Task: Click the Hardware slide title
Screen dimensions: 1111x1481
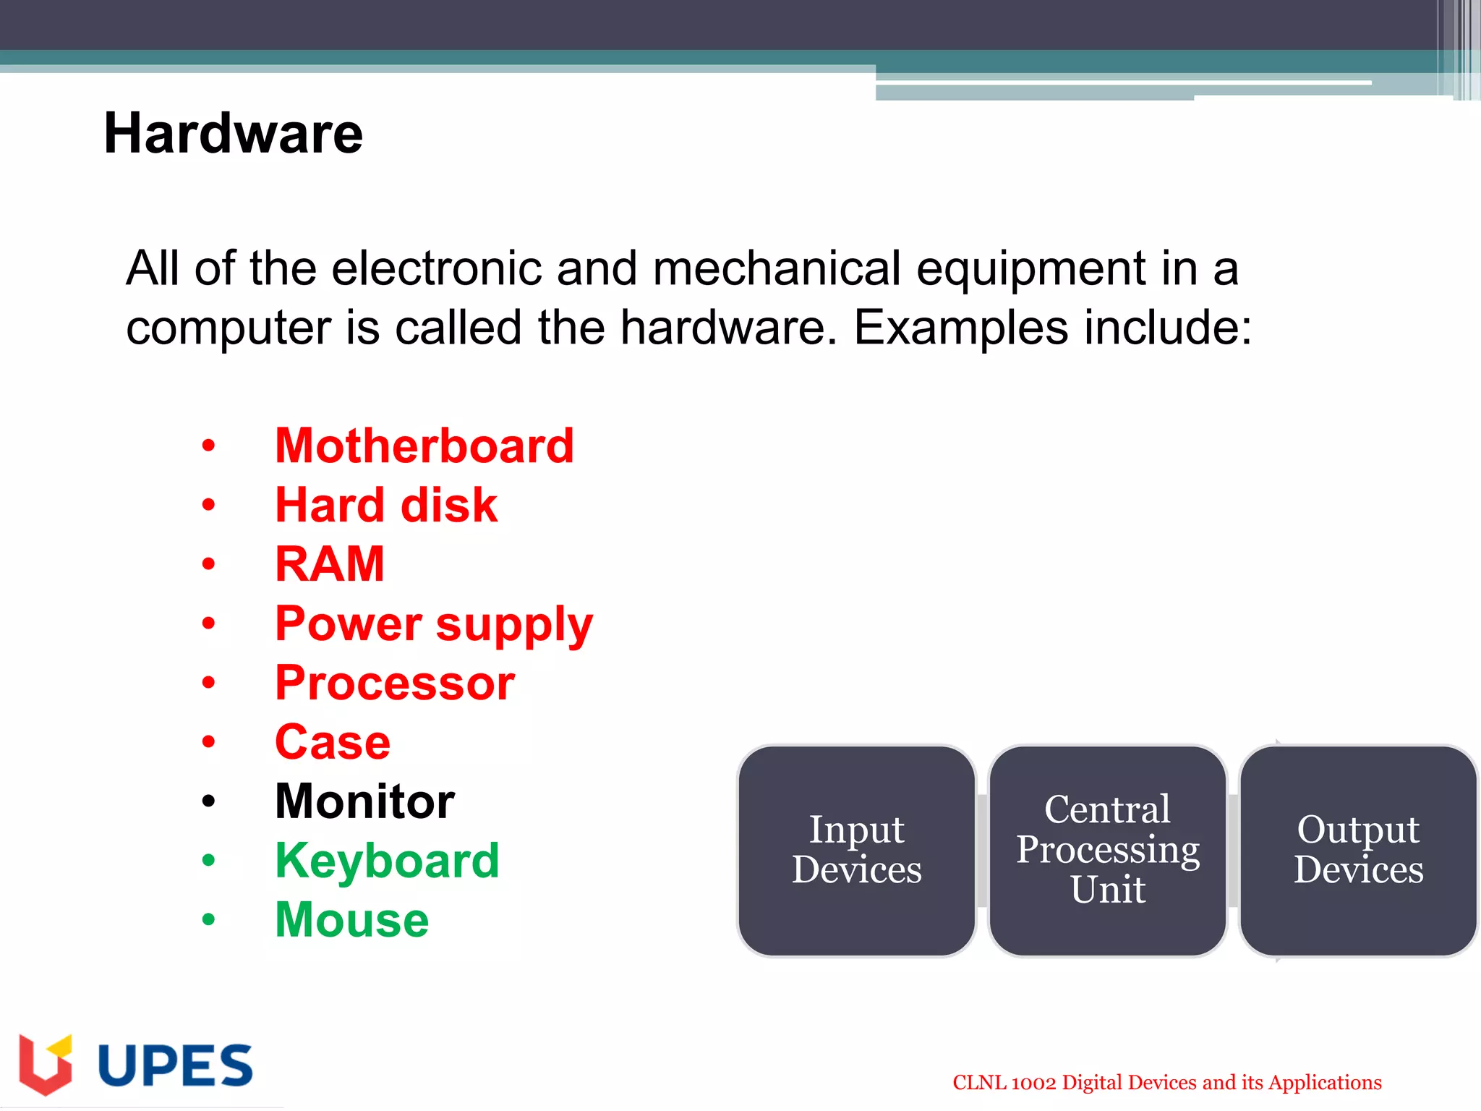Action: [x=233, y=134]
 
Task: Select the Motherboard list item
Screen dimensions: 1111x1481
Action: [x=424, y=446]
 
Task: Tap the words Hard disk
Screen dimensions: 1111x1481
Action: [x=386, y=505]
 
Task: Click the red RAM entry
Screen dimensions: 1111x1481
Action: [x=330, y=564]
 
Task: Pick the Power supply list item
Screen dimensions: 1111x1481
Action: [x=434, y=623]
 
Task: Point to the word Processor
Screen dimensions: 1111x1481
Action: [x=395, y=683]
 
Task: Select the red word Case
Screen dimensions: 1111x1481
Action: [x=333, y=742]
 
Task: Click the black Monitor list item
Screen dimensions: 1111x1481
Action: [x=365, y=801]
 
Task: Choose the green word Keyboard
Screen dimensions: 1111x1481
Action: [x=388, y=861]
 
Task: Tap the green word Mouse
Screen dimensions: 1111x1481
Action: [x=352, y=920]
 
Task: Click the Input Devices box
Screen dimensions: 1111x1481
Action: [x=857, y=850]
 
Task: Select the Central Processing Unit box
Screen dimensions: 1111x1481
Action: [x=1108, y=850]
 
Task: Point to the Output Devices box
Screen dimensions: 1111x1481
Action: [x=1358, y=850]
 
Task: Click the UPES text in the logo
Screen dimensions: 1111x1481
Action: [x=175, y=1065]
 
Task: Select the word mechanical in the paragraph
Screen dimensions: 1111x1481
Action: [x=777, y=269]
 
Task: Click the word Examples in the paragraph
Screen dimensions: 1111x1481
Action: [x=960, y=328]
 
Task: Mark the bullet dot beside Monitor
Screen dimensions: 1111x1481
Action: [x=209, y=801]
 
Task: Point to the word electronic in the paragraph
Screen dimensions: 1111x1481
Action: [x=437, y=269]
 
